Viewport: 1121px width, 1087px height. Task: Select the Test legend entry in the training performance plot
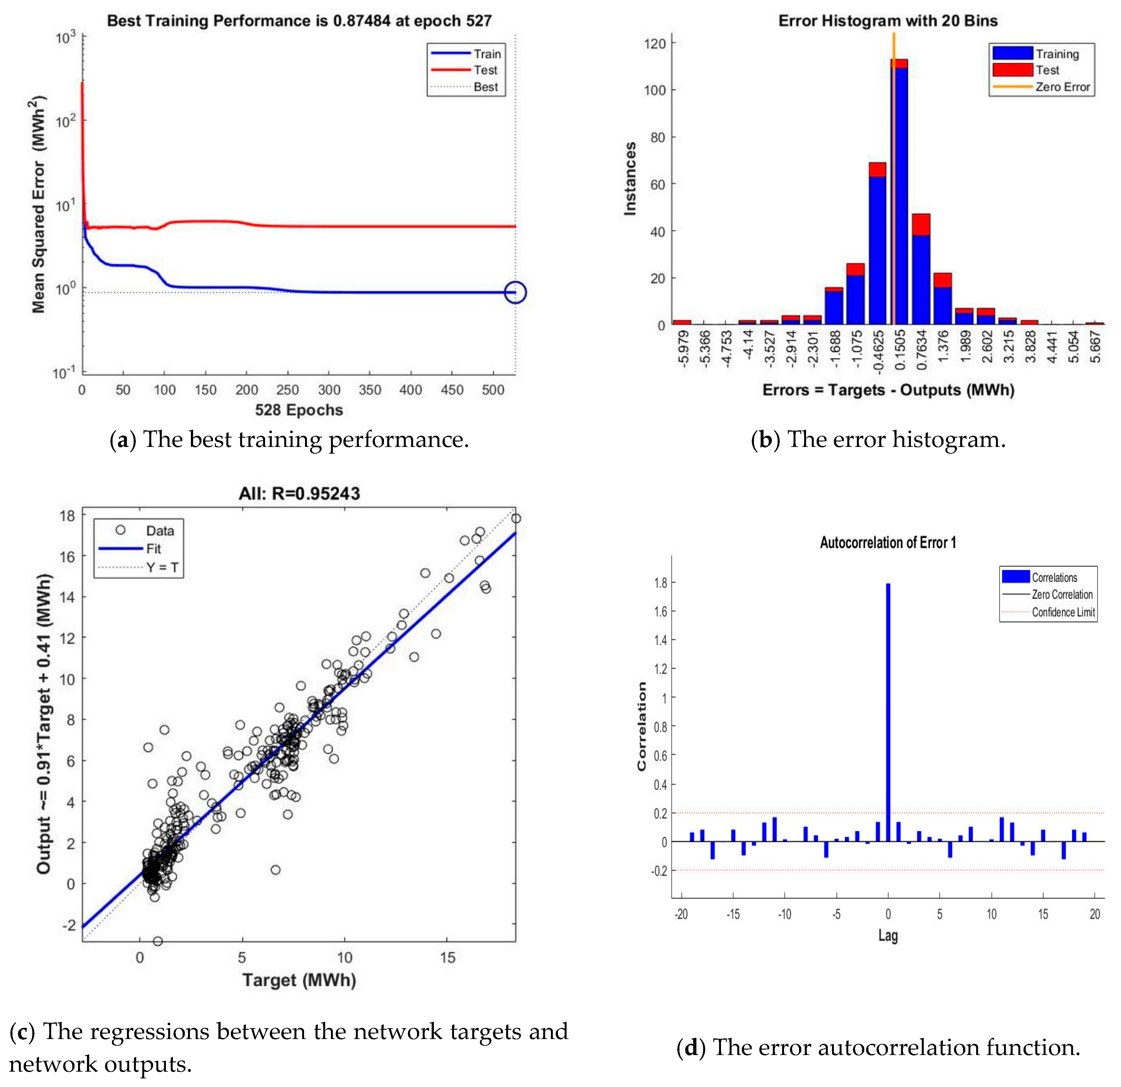click(x=485, y=70)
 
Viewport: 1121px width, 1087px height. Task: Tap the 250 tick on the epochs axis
click(x=288, y=390)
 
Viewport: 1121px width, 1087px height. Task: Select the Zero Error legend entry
click(x=1062, y=87)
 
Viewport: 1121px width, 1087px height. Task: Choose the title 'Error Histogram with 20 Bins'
click(x=888, y=21)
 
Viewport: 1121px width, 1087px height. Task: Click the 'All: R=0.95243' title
click(x=299, y=494)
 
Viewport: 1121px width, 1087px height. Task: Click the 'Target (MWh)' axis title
click(x=299, y=980)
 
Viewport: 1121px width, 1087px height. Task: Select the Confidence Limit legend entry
click(x=1063, y=613)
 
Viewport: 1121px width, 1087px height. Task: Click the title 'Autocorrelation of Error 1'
click(x=888, y=543)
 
